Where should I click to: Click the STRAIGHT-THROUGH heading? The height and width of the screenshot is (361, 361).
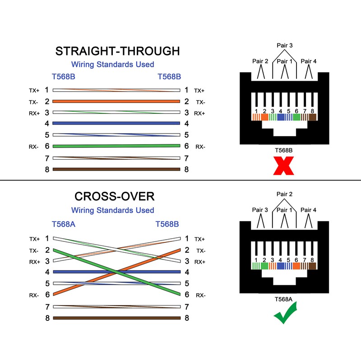117,51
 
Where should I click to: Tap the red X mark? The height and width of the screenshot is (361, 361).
283,166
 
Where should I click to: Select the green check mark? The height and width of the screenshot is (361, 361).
284,312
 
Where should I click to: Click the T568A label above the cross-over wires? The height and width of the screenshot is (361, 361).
63,224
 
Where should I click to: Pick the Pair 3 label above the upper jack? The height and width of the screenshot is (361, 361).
284,45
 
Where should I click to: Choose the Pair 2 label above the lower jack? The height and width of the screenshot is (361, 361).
284,194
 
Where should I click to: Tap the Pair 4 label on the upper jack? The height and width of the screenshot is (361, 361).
309,61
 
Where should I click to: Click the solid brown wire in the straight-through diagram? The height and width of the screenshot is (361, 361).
116,169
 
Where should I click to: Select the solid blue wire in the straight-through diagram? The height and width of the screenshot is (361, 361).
116,123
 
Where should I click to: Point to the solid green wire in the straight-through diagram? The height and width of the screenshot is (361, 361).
116,146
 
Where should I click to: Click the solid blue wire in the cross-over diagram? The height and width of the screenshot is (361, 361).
116,272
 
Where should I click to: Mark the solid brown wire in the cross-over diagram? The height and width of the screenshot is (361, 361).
116,318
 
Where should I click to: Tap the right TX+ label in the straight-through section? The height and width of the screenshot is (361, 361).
199,91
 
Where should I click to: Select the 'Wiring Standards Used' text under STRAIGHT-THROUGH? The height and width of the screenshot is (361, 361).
113,65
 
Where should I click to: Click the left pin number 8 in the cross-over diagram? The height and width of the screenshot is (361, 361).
47,318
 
